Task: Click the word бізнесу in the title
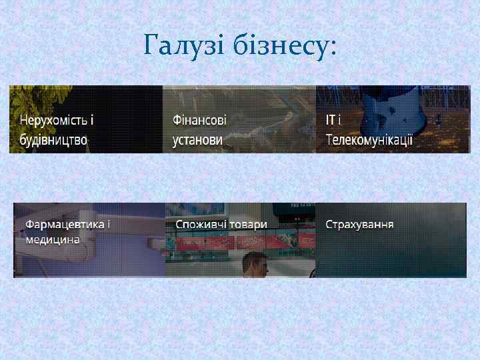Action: (x=280, y=46)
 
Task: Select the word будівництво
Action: (x=53, y=140)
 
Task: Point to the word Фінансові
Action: (x=199, y=121)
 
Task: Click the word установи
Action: (x=197, y=140)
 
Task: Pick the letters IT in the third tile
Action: (x=331, y=121)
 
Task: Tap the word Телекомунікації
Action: (x=369, y=140)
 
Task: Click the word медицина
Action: (x=53, y=239)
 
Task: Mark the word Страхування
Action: (x=359, y=224)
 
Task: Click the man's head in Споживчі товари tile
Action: (x=254, y=263)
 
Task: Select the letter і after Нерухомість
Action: (x=92, y=121)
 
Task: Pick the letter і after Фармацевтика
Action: (x=109, y=224)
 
